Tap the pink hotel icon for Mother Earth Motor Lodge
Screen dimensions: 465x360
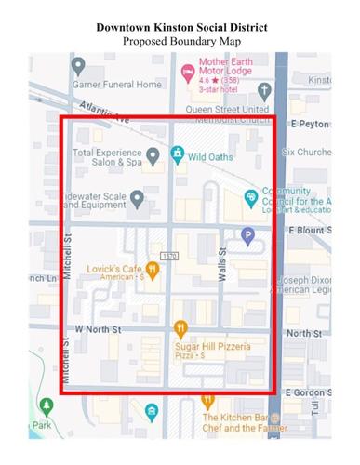coord(186,69)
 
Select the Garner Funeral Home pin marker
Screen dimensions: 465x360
coord(78,67)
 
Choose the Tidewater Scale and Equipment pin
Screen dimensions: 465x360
coord(136,198)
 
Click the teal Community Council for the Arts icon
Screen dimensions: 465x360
coord(250,197)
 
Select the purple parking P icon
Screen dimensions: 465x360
coord(247,236)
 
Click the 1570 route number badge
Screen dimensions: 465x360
coord(168,255)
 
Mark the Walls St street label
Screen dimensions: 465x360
coord(221,261)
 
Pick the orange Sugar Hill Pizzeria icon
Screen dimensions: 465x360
coord(180,327)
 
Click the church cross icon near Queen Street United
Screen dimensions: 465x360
coord(265,91)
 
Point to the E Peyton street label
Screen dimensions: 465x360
coord(311,124)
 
